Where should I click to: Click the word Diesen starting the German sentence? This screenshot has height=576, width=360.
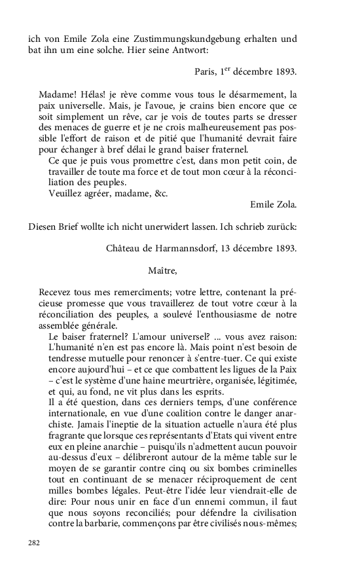tap(43, 226)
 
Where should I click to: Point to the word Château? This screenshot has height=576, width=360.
tap(124, 248)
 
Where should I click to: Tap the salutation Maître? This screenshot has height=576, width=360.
tap(163, 270)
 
